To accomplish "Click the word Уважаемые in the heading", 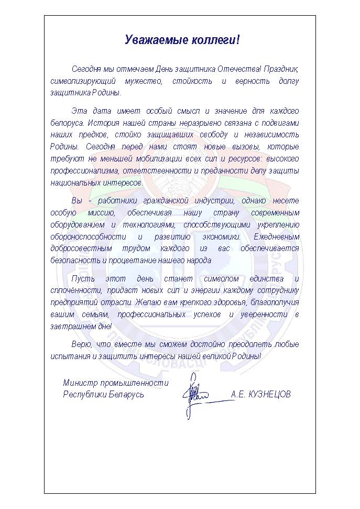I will click(149, 40).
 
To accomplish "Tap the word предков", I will click(86, 135).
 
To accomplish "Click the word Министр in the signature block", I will click(80, 383).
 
